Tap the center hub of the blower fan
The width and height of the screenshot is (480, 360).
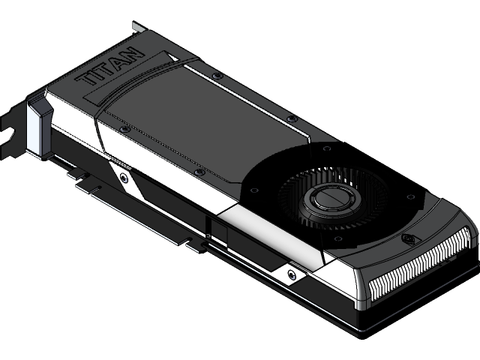[331, 201]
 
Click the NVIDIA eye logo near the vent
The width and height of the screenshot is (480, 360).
[409, 240]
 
